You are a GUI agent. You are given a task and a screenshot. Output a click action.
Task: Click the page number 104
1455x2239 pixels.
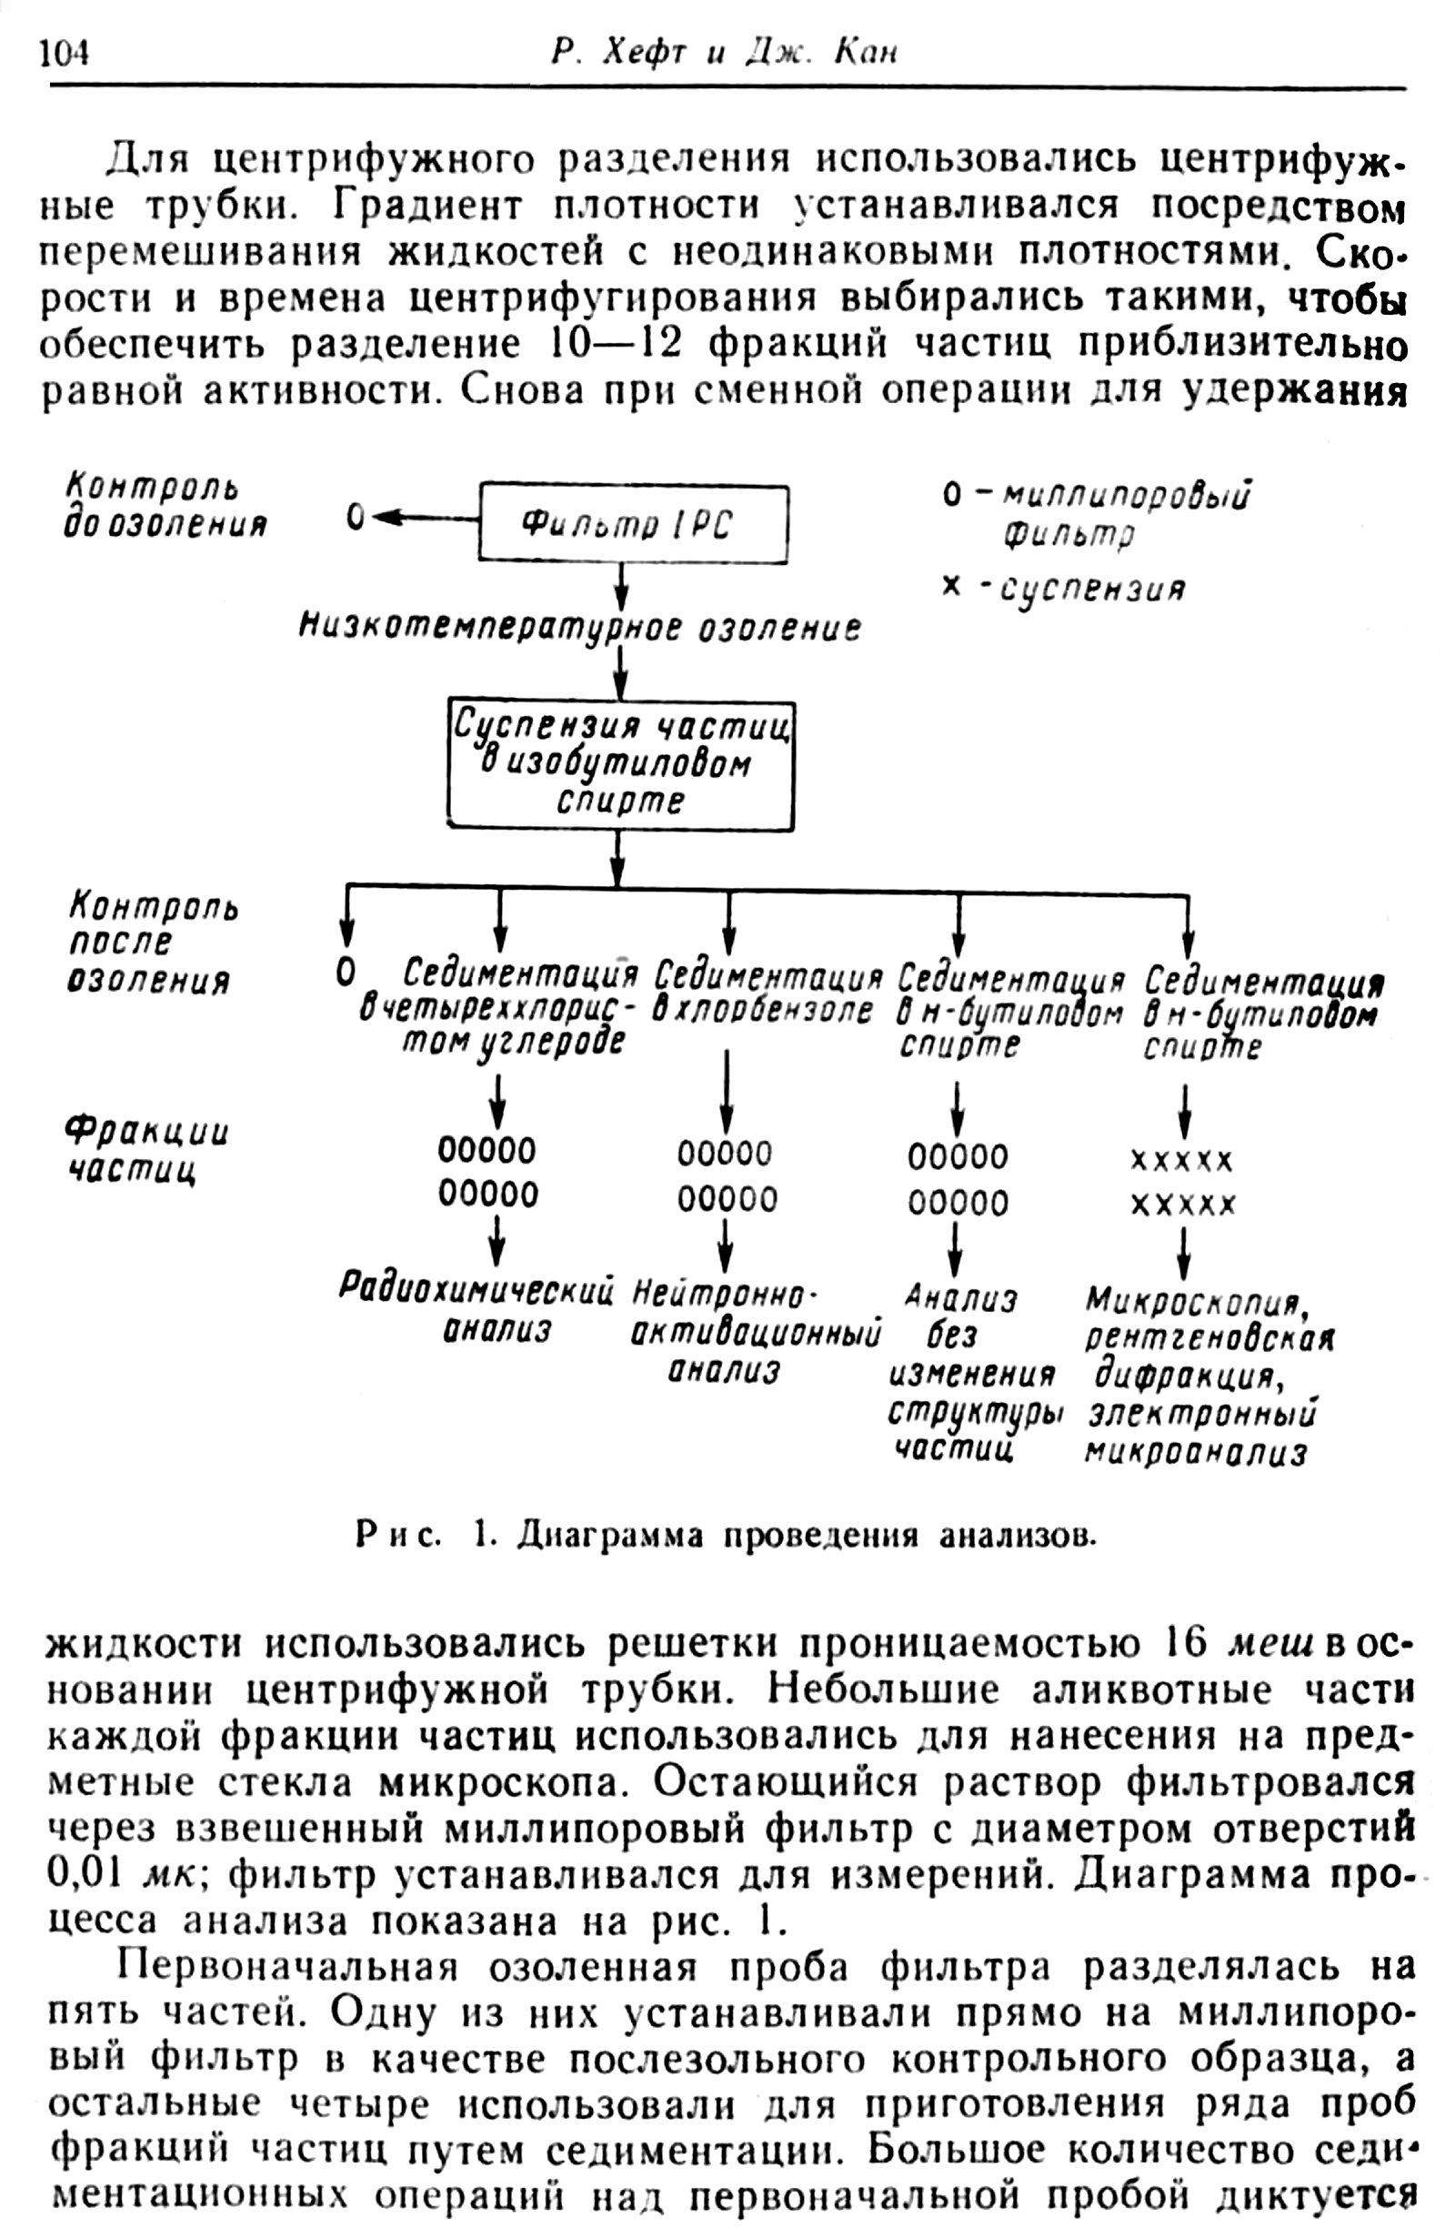(64, 53)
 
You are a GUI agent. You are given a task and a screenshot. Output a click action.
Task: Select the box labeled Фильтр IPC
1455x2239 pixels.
(633, 524)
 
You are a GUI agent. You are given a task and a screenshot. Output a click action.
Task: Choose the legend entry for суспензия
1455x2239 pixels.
(1063, 588)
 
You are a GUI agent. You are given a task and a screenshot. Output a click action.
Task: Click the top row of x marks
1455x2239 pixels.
(1181, 1162)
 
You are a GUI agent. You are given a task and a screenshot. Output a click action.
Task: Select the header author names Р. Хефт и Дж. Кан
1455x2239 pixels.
(723, 54)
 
